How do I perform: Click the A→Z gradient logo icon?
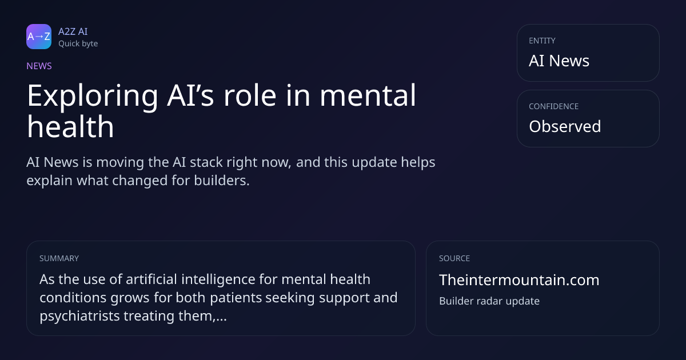click(39, 37)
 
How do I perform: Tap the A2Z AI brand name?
click(73, 31)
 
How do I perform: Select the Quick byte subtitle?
click(78, 44)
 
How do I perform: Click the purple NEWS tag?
click(39, 66)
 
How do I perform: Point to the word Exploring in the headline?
click(93, 96)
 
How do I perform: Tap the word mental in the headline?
click(368, 95)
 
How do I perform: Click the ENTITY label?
click(542, 41)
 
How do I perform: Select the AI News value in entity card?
click(559, 61)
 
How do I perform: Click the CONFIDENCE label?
click(554, 106)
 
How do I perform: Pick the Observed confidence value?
click(565, 126)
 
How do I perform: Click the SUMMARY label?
click(59, 258)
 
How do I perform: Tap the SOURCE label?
click(454, 258)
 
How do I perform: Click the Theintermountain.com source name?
click(519, 280)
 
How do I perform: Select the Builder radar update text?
click(489, 301)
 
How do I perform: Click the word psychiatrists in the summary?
click(79, 316)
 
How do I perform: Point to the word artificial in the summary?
click(151, 279)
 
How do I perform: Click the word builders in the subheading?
click(222, 181)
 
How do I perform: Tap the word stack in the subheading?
click(206, 162)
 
